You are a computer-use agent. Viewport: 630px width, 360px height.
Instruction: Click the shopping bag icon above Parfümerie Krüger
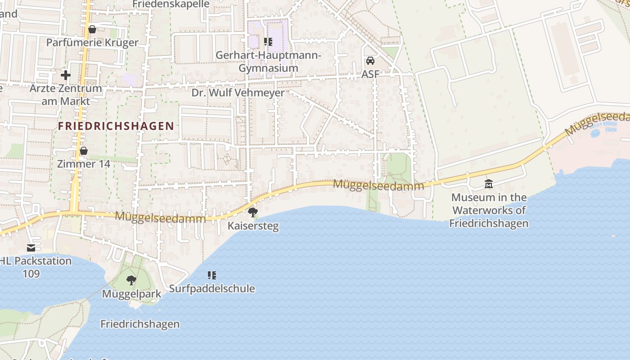click(92, 30)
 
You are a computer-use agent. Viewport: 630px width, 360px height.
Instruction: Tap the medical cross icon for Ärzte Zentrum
click(66, 75)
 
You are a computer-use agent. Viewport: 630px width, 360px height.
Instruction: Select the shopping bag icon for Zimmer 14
click(83, 151)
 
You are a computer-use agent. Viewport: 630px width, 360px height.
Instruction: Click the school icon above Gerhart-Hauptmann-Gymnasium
click(268, 42)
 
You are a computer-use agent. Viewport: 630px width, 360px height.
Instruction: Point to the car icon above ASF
click(370, 61)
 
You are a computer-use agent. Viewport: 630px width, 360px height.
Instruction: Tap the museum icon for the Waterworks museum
click(489, 184)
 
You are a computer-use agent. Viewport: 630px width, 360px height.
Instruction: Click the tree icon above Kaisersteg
click(253, 212)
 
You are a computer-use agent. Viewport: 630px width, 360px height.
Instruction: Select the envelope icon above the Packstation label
click(31, 248)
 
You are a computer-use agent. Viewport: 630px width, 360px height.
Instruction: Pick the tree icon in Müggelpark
click(131, 281)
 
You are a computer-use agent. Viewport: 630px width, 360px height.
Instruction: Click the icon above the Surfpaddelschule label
click(212, 275)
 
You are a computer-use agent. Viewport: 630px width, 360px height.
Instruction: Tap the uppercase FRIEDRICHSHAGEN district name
click(116, 126)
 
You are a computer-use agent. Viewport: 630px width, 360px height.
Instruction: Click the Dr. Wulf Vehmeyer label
click(238, 93)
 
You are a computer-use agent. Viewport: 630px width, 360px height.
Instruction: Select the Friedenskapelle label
click(171, 4)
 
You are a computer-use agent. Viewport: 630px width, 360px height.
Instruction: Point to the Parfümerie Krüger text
click(93, 43)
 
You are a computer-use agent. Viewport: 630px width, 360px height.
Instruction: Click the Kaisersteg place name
click(253, 226)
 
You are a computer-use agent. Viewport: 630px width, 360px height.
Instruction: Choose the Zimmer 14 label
click(83, 164)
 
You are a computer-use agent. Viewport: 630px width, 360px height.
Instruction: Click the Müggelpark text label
click(131, 294)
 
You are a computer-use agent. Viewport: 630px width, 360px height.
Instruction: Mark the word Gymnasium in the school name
click(268, 68)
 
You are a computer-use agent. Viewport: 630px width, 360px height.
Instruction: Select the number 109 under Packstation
click(31, 274)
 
